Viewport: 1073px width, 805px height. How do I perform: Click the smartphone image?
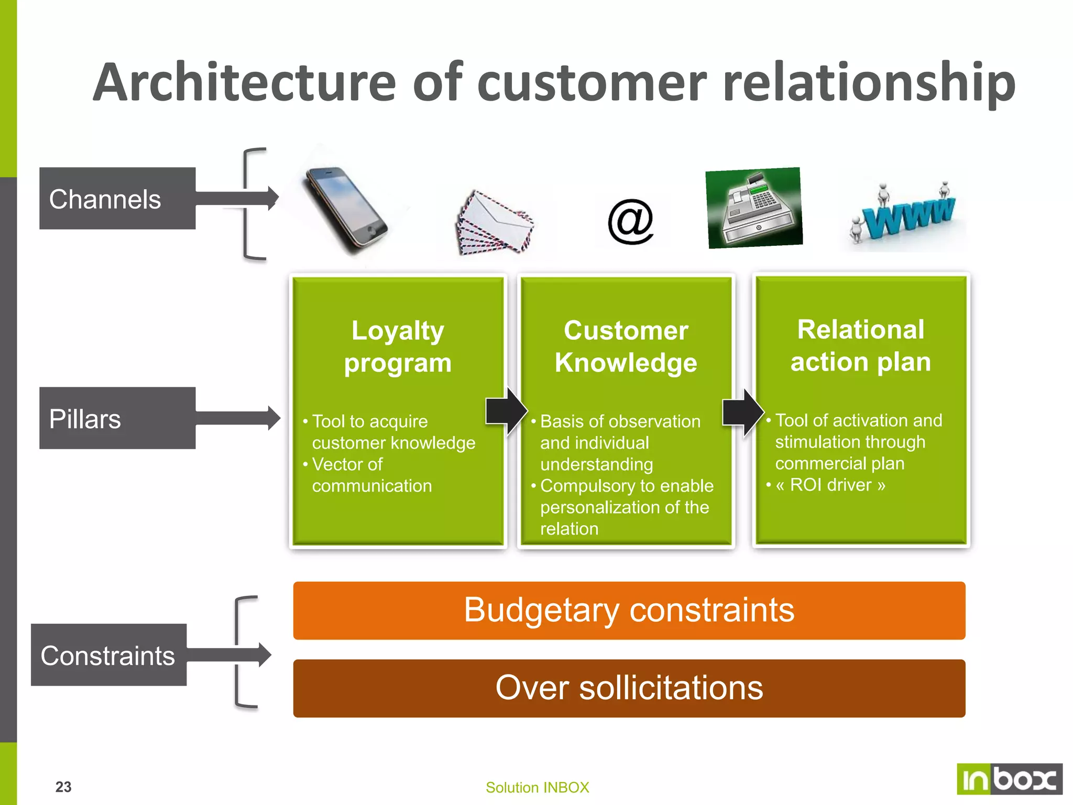click(x=346, y=210)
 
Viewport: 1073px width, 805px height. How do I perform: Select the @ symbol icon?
click(x=631, y=222)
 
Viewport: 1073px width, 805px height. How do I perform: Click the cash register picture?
click(x=754, y=208)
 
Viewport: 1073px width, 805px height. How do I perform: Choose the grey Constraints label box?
click(x=108, y=655)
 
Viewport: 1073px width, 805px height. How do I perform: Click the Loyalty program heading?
click(x=398, y=346)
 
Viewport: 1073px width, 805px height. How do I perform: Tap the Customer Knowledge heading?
click(x=626, y=346)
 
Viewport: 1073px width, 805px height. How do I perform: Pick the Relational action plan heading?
click(x=860, y=345)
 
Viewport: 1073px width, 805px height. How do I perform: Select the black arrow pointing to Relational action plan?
click(x=743, y=412)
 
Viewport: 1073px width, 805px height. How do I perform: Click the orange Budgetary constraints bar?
click(x=629, y=611)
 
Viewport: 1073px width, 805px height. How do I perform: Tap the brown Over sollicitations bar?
click(x=629, y=688)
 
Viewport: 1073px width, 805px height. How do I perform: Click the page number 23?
click(x=63, y=787)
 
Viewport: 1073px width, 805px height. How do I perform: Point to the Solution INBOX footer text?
click(x=537, y=787)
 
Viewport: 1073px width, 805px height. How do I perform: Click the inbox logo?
click(x=1009, y=779)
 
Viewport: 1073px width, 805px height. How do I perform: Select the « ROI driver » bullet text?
click(x=830, y=485)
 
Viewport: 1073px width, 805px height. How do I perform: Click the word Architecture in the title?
click(x=244, y=82)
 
